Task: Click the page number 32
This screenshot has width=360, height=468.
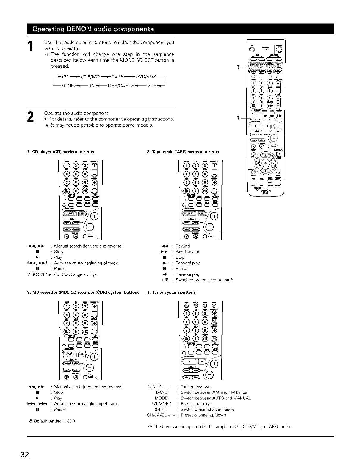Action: [x=25, y=455]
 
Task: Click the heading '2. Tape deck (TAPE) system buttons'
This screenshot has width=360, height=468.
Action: [x=183, y=152]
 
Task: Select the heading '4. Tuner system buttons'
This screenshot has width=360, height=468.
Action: [x=171, y=292]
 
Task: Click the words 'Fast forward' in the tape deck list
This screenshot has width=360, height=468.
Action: [x=187, y=252]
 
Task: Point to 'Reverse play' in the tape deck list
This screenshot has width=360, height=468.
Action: [x=188, y=274]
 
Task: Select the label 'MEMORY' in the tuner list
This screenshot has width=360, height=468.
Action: [x=162, y=403]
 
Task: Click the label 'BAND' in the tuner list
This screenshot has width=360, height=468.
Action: [x=162, y=392]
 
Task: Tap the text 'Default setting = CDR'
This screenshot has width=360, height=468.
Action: [x=54, y=421]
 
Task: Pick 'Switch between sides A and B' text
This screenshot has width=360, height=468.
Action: [x=204, y=280]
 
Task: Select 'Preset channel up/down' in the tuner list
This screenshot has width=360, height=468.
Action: [x=203, y=415]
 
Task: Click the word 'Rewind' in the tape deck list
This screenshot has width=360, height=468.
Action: [x=183, y=246]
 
